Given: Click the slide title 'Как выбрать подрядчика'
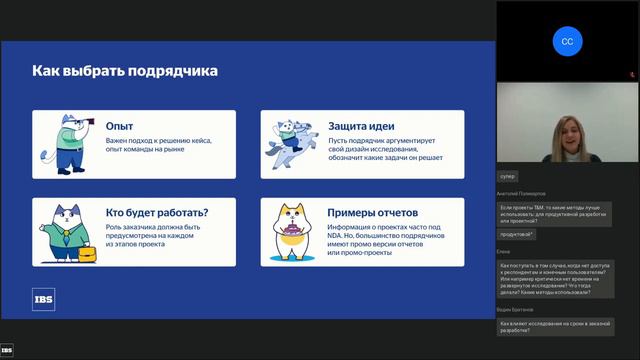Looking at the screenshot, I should tap(125, 71).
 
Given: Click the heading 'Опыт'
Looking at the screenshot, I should tap(120, 127).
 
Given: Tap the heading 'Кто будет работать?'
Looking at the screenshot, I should tap(157, 212).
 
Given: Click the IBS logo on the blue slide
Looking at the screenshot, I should tap(44, 297).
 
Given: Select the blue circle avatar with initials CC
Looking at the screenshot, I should tap(567, 41).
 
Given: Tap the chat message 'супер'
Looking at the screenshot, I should tap(508, 175).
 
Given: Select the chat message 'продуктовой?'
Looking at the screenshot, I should tap(517, 234).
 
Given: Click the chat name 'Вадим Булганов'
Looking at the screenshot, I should tap(519, 310).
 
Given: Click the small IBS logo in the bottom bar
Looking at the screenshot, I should tap(7, 351).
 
